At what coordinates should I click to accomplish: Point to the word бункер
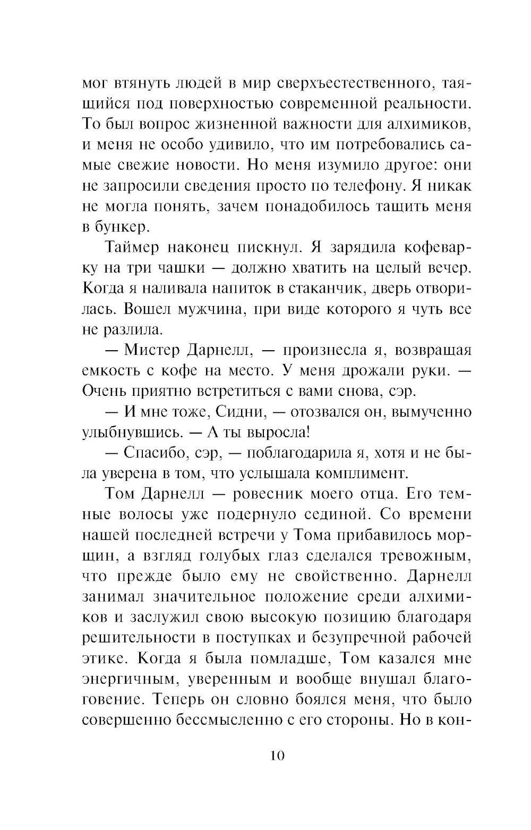point(120,227)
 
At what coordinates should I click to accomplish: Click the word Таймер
point(132,248)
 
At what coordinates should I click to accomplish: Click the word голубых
point(228,555)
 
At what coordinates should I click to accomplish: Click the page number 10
point(277,755)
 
